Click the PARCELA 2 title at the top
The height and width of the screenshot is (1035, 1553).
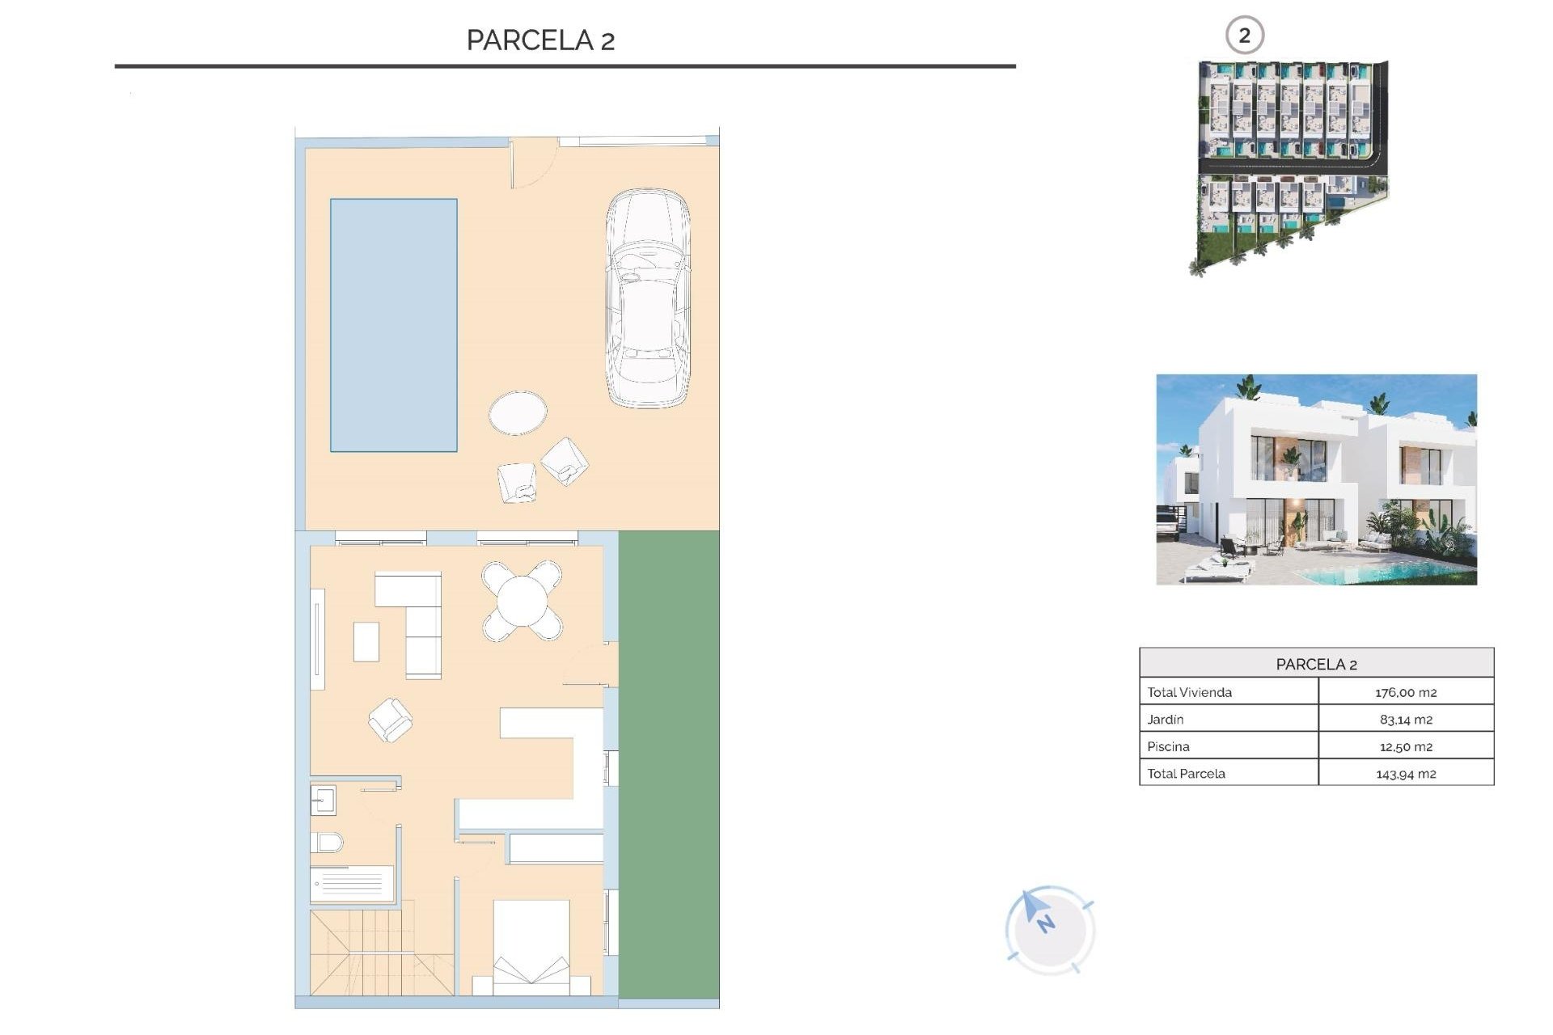tap(540, 40)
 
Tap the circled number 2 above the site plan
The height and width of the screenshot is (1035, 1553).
tap(1244, 36)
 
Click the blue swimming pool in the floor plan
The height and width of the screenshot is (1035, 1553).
tap(393, 324)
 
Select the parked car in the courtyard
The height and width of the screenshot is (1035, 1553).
tap(648, 298)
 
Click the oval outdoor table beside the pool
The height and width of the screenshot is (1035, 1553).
tap(518, 412)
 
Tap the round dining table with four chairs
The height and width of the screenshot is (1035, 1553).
tap(523, 601)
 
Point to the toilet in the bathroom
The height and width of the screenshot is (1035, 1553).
tap(326, 843)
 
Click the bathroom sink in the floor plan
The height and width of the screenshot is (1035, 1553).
tap(323, 801)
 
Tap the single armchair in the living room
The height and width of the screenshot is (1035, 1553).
tap(390, 720)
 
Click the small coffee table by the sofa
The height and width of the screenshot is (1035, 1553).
tap(366, 641)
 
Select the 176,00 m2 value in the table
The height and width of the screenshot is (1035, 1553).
tap(1406, 692)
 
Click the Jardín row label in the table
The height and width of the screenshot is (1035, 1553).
tap(1166, 719)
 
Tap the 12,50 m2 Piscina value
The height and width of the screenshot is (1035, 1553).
tap(1406, 746)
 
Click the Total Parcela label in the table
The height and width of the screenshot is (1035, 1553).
tap(1186, 774)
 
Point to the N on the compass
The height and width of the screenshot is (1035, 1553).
tap(1047, 923)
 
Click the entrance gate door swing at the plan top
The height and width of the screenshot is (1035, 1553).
tap(532, 164)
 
